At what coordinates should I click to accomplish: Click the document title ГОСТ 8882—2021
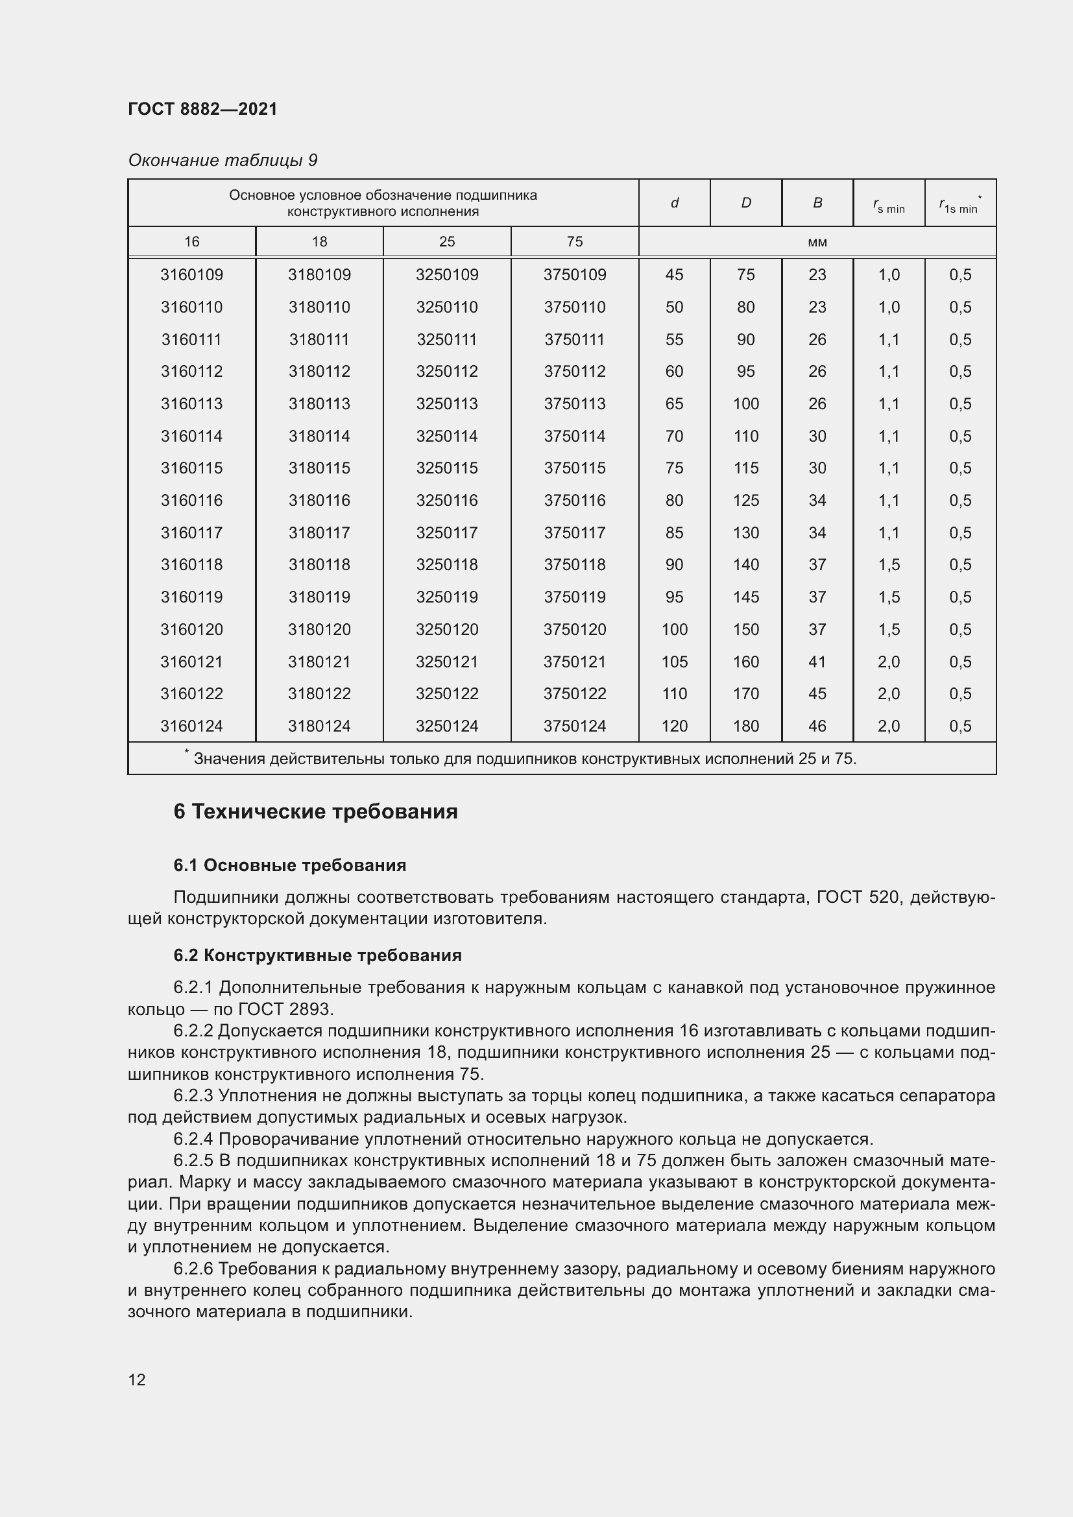pos(202,109)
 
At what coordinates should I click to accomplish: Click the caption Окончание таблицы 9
pos(223,161)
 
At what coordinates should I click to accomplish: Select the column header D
pos(745,203)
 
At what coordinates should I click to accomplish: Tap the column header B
pos(817,203)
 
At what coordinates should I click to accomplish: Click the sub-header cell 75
pos(574,242)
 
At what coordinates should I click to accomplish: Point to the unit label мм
pos(817,242)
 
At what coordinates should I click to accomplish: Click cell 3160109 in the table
pos(191,275)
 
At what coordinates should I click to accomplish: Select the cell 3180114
pos(319,436)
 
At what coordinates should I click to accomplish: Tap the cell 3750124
pos(574,726)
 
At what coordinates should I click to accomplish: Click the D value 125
pos(745,501)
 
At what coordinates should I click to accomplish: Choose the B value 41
pos(817,662)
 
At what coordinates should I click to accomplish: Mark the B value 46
pos(817,726)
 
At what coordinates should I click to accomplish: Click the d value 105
pos(674,662)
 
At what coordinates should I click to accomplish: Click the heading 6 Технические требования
pos(315,811)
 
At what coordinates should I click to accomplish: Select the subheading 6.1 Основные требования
pos(289,866)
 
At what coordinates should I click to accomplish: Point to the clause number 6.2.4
pos(193,1139)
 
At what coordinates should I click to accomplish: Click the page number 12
pos(137,1380)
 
